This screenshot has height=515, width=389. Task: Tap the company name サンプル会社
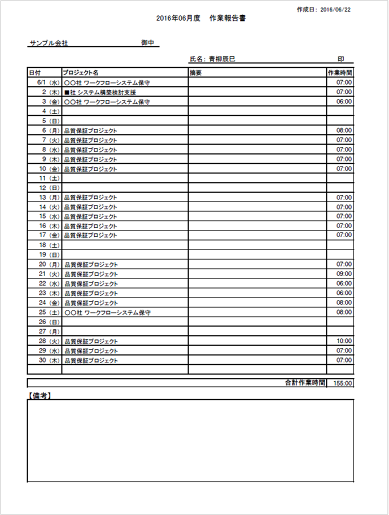coord(48,43)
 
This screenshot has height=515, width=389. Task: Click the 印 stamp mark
coord(340,58)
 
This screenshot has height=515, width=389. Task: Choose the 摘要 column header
coord(196,73)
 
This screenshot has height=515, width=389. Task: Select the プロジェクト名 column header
coord(81,73)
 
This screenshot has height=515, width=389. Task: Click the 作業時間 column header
coord(340,73)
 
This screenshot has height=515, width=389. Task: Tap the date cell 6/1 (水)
coord(44,82)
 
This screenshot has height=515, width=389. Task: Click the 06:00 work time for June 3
coord(344,102)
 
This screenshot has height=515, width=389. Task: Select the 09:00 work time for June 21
coord(344,273)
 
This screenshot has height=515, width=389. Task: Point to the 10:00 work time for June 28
coord(344,341)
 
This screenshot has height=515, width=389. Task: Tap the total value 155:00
coord(343,383)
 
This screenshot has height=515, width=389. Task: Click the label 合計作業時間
coord(305,383)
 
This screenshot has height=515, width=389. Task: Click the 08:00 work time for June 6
coord(344,130)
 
